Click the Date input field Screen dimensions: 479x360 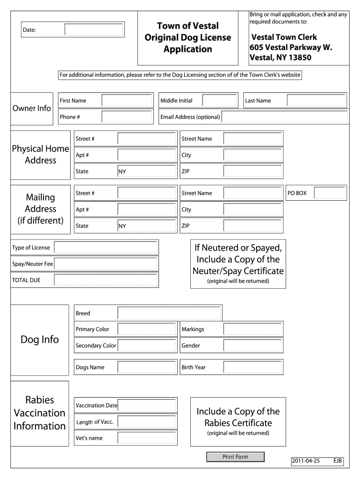coord(94,30)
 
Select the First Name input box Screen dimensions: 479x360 coord(127,101)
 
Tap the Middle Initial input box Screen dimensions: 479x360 coord(220,101)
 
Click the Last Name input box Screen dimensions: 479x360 coord(316,101)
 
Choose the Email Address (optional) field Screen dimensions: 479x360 coord(284,116)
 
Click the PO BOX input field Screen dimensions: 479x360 coord(330,193)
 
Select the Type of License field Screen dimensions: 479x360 coord(106,247)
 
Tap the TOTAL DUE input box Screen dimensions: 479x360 coord(106,280)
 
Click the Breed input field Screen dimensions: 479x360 coord(169,313)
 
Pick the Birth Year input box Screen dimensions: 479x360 coord(253,367)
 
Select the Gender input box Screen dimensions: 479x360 coord(253,345)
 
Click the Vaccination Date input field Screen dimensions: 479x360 coord(147,406)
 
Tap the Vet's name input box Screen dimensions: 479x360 coord(147,438)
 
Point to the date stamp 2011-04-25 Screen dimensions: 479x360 coord(305,461)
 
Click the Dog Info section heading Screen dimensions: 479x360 coord(40,340)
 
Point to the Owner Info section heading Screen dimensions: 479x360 coord(31,108)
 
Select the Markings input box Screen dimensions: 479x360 coord(253,329)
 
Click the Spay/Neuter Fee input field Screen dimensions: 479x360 coord(106,264)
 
